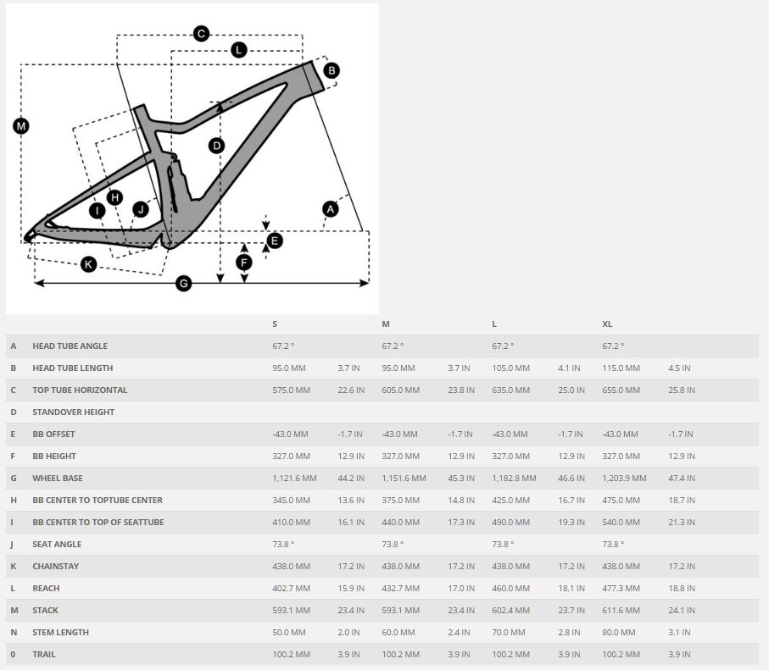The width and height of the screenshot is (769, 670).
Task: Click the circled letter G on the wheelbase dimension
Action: tap(184, 284)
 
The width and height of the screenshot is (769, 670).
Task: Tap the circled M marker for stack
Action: tap(21, 126)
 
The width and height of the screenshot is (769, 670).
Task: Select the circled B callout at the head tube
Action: tap(332, 70)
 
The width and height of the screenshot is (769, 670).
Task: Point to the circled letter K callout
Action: tap(89, 264)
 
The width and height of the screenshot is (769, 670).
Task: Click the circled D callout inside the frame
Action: tap(217, 146)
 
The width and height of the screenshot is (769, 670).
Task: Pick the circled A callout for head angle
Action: tap(331, 208)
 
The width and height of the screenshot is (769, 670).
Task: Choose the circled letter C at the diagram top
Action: tap(201, 34)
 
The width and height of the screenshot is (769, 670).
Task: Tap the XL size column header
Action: tap(607, 324)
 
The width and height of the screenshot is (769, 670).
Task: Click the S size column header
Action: tap(275, 324)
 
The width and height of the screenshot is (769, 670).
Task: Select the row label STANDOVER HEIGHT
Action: tap(73, 413)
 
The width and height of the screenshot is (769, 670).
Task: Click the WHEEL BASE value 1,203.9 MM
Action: tap(625, 479)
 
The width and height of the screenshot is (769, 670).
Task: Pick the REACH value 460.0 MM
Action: tap(510, 589)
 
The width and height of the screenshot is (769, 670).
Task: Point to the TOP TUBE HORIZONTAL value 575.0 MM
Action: tap(291, 390)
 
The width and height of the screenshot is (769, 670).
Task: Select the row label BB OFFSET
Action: tap(53, 435)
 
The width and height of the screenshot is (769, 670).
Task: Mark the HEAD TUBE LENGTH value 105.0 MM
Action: tap(510, 368)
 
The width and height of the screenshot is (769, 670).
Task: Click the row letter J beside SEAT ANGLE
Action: tap(13, 545)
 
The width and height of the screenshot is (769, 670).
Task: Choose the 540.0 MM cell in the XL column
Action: tap(621, 523)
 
